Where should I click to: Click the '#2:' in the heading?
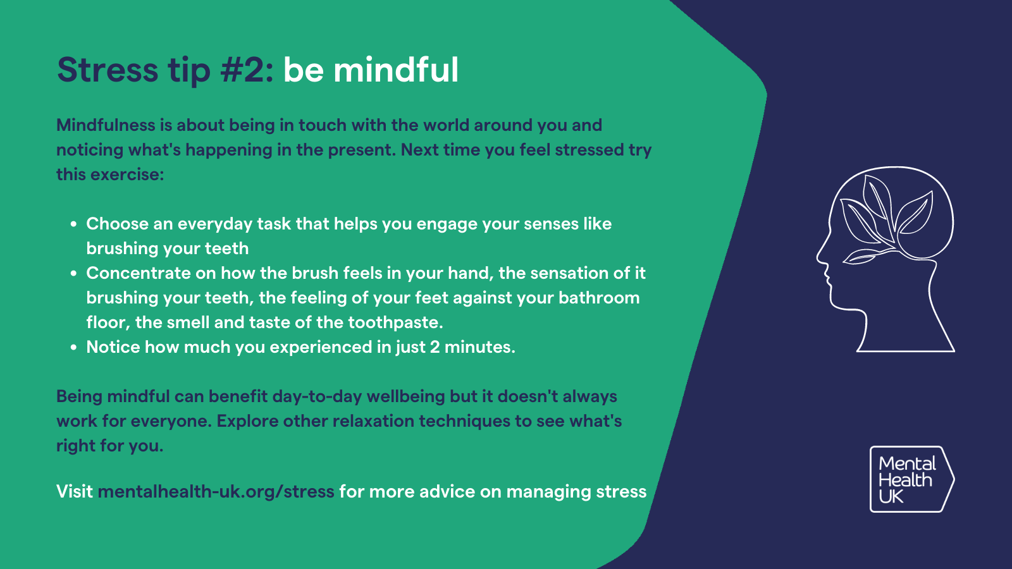247,70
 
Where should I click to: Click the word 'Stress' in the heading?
108,70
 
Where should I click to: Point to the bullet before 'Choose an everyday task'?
74,224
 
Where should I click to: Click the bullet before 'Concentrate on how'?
74,273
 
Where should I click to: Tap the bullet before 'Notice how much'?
74,347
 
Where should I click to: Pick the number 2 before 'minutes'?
435,347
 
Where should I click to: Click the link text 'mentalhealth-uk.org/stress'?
216,492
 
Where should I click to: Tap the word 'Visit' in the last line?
75,492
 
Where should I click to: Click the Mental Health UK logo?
911,479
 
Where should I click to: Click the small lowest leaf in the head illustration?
861,256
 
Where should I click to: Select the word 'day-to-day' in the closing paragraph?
317,396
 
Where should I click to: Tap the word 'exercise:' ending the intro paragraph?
127,174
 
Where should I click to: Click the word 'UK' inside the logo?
891,497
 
